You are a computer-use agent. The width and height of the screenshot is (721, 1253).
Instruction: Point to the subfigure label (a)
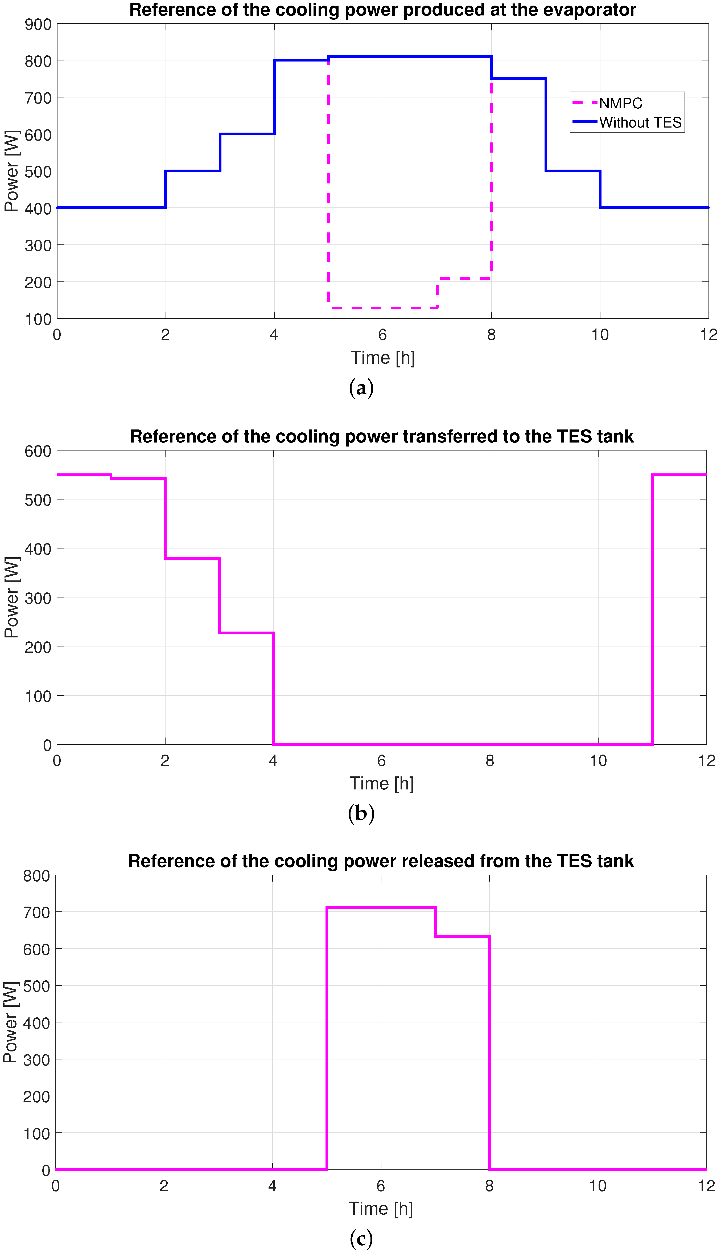[361, 387]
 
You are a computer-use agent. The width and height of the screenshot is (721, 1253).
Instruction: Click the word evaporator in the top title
[586, 10]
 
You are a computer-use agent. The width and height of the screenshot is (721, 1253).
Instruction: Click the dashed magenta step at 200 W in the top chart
[464, 279]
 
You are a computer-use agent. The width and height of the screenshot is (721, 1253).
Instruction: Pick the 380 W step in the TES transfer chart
[192, 559]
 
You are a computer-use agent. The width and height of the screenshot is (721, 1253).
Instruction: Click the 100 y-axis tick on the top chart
[38, 320]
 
